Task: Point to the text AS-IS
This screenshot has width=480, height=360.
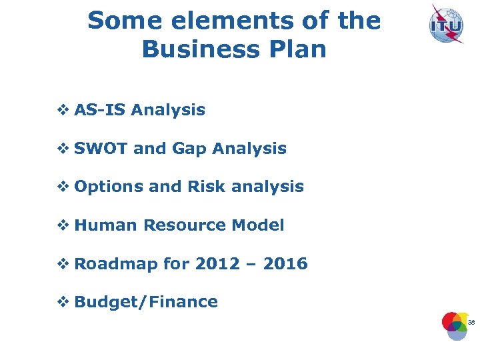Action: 100,110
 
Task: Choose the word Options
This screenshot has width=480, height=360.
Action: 109,187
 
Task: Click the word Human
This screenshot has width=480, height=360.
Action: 106,225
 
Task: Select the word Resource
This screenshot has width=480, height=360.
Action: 185,225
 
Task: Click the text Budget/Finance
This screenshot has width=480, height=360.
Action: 146,302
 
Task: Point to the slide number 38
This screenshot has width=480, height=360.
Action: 471,323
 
